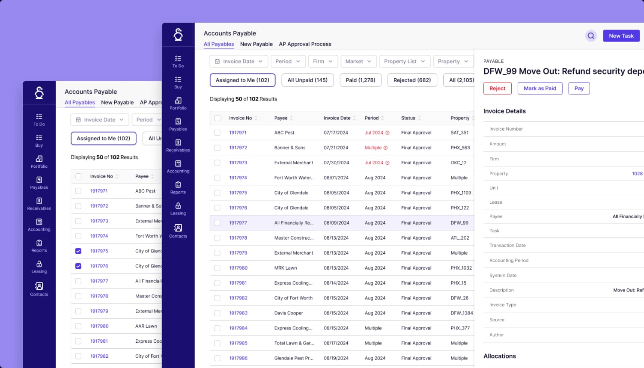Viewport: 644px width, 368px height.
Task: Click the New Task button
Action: click(x=621, y=36)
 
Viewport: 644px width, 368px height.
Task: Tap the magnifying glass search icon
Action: click(x=591, y=36)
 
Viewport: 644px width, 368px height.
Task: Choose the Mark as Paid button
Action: click(x=540, y=89)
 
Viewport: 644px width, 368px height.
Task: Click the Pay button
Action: click(x=579, y=89)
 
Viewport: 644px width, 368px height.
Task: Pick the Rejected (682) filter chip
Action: click(x=412, y=80)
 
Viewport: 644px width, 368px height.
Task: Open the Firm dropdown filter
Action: click(x=323, y=62)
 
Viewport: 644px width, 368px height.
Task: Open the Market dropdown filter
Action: click(x=358, y=62)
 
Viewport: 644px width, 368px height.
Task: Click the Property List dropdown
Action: click(x=404, y=62)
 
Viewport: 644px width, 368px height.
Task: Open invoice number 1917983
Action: click(x=238, y=313)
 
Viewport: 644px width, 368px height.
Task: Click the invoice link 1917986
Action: click(x=238, y=358)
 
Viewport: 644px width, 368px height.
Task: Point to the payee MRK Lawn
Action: click(x=286, y=268)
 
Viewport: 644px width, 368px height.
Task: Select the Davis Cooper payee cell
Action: click(x=289, y=313)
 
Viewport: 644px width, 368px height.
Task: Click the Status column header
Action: click(x=408, y=118)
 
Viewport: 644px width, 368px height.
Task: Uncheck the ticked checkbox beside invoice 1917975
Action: click(x=78, y=251)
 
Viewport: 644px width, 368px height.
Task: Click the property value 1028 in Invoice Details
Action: click(x=637, y=174)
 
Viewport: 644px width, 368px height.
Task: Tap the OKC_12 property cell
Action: click(x=458, y=163)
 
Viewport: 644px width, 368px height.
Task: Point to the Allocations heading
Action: click(x=499, y=356)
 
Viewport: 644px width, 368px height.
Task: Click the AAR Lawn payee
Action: click(x=146, y=326)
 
